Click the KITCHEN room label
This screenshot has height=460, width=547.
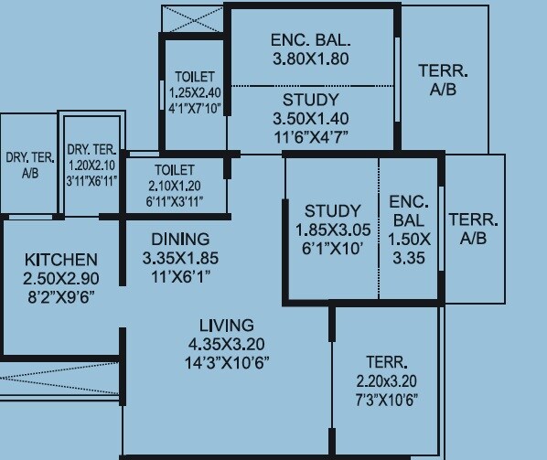coord(61,260)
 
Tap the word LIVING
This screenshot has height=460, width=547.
coord(227,326)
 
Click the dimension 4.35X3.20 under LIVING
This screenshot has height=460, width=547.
coord(227,344)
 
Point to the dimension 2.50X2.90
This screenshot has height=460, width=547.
coord(61,278)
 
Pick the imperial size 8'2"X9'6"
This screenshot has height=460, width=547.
coord(61,296)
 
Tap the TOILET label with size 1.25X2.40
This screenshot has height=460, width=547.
coord(193,77)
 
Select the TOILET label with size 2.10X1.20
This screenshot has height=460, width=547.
coord(175,170)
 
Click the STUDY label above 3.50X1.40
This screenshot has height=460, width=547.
coord(311,100)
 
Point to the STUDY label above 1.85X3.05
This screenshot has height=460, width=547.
coord(333,211)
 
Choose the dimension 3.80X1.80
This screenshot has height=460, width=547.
coord(311,59)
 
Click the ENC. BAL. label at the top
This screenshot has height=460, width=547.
coord(311,41)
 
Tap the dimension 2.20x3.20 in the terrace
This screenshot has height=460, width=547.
coord(387,381)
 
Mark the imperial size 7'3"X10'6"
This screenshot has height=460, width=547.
coord(387,400)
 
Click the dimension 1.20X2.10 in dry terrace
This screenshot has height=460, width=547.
coord(91,166)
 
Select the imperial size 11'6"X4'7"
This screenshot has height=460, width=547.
coord(311,137)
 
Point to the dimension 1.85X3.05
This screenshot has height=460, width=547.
coord(333,230)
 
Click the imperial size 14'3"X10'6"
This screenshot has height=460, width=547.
coord(227,362)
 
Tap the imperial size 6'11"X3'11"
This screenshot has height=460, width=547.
coord(175,201)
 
